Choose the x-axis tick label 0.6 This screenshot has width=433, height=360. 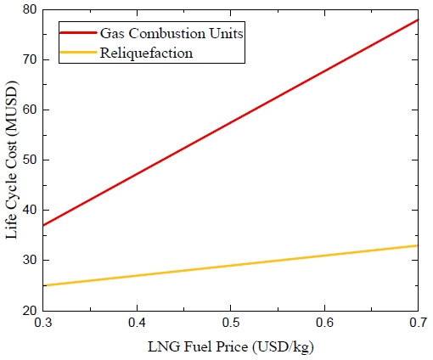tap(323, 325)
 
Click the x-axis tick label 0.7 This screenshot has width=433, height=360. tap(416, 325)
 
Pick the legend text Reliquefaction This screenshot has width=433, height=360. tap(147, 53)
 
